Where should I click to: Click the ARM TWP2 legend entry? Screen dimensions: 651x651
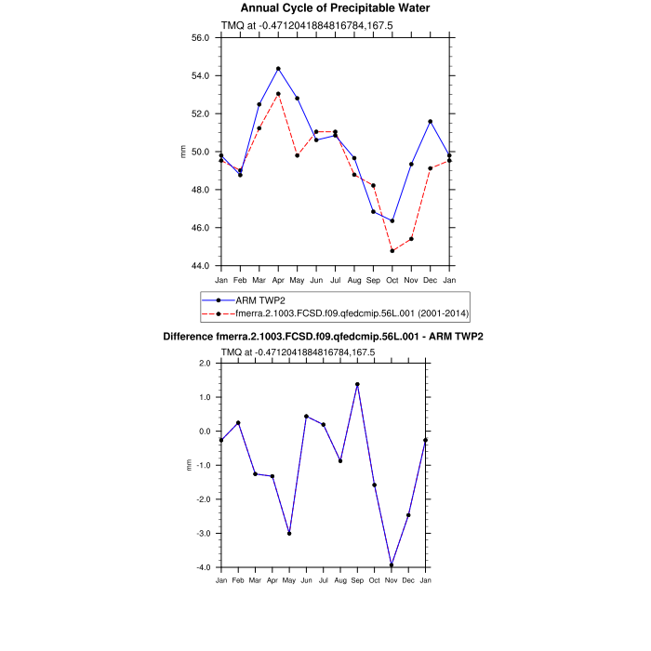click(260, 300)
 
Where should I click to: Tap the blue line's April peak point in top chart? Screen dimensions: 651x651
click(278, 69)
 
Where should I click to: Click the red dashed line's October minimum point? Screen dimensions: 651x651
click(392, 251)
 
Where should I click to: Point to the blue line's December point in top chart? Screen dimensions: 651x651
click(431, 121)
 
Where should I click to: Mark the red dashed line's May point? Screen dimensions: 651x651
click(298, 155)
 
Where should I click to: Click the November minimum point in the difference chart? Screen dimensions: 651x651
click(392, 565)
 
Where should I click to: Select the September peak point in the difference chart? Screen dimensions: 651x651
click(357, 384)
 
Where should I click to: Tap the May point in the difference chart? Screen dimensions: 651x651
click(289, 534)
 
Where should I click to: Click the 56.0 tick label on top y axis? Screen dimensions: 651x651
click(200, 38)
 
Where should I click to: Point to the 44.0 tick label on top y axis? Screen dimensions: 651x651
click(200, 266)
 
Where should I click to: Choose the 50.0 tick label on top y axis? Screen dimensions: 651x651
click(200, 152)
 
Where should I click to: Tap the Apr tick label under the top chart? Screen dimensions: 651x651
click(278, 280)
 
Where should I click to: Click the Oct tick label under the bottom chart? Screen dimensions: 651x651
click(374, 581)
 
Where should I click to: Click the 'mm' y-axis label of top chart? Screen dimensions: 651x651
click(183, 152)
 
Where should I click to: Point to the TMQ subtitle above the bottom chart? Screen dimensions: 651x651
click(298, 352)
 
